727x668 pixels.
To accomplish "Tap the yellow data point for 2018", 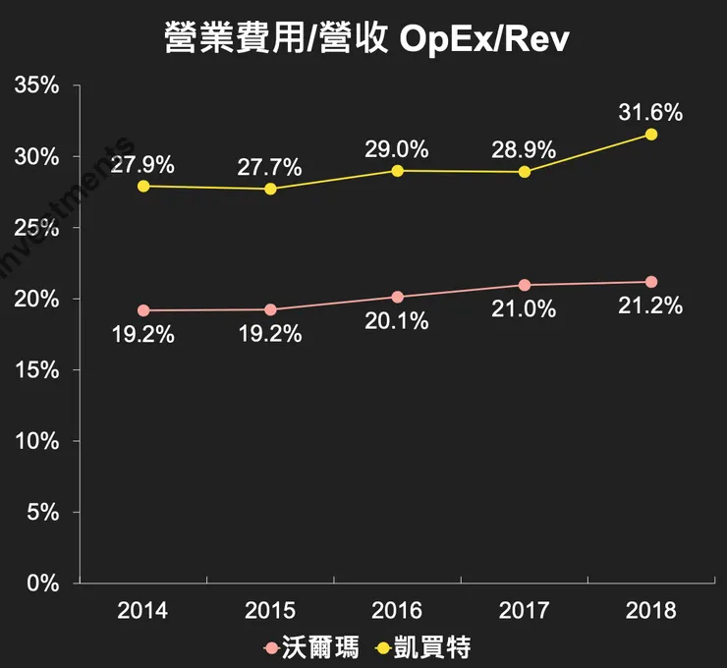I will pyautogui.click(x=650, y=134).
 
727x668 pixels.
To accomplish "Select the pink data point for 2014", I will pyautogui.click(x=143, y=310).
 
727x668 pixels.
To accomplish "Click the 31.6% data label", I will pyautogui.click(x=650, y=112).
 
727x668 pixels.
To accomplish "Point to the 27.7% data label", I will pyautogui.click(x=270, y=166).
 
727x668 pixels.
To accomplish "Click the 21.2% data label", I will pyautogui.click(x=650, y=306).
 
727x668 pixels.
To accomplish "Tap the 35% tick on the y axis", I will pyautogui.click(x=37, y=86).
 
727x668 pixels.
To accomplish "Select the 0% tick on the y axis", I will pyautogui.click(x=44, y=584).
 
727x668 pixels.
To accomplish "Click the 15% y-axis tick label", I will pyautogui.click(x=37, y=370).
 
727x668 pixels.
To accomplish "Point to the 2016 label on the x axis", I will pyautogui.click(x=397, y=611).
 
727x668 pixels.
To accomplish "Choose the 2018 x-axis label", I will pyautogui.click(x=650, y=611).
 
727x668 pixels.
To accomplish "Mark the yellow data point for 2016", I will pyautogui.click(x=397, y=171).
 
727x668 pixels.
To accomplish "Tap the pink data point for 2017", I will pyautogui.click(x=524, y=285).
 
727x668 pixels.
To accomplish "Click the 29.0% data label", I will pyautogui.click(x=397, y=149).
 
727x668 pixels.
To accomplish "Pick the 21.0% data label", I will pyautogui.click(x=524, y=309).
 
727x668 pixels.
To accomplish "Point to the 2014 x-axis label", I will pyautogui.click(x=143, y=611).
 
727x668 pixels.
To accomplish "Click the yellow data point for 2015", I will pyautogui.click(x=270, y=188).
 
